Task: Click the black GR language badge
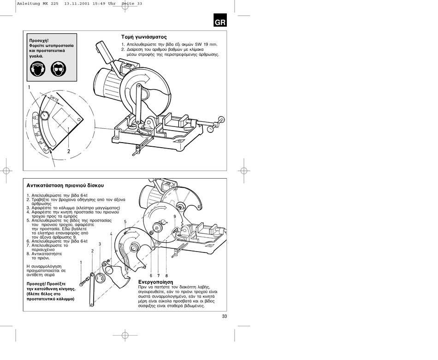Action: (220, 20)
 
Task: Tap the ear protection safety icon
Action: (37, 69)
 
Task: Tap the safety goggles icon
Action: (59, 69)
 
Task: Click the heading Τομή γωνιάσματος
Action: (144, 37)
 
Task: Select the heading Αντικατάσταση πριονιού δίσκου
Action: (65, 186)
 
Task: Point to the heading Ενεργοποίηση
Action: (156, 282)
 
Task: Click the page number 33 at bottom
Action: (225, 316)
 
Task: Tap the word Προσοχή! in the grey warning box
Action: (39, 41)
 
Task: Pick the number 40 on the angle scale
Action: (36, 117)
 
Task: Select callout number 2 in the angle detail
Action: (68, 151)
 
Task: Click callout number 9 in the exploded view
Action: (175, 216)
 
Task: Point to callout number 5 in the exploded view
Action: (125, 222)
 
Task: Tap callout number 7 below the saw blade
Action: (159, 276)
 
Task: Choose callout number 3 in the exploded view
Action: (100, 244)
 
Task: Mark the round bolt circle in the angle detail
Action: (44, 115)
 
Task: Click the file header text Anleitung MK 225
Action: (38, 4)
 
